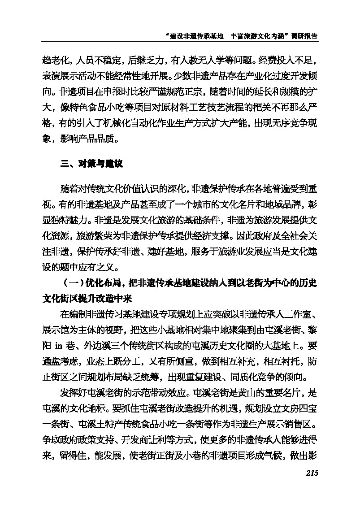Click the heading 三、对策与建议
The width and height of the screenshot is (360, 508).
91,164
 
